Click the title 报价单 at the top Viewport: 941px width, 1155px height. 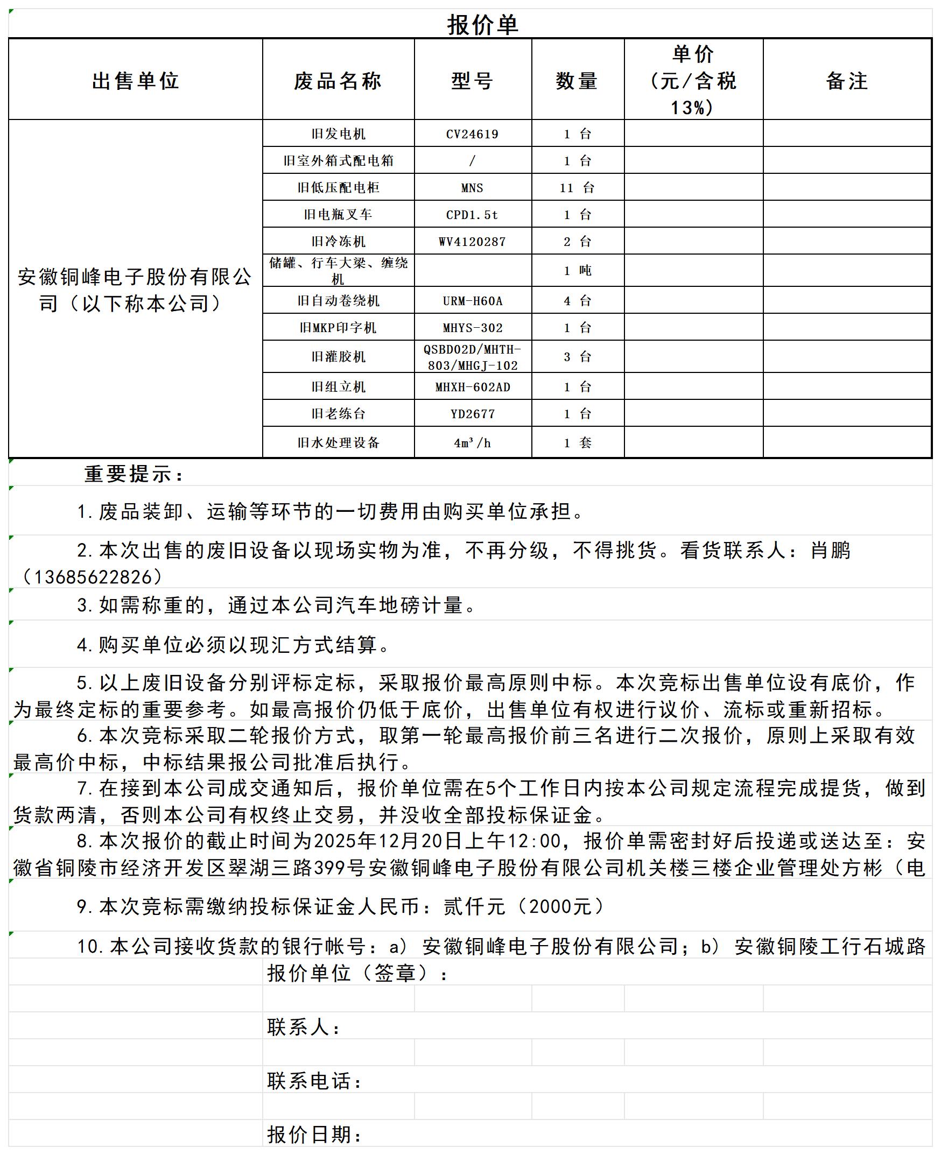(x=482, y=25)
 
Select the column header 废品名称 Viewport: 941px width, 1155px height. (x=338, y=81)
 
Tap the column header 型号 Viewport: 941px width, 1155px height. (x=472, y=81)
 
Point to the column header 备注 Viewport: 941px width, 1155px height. (x=847, y=81)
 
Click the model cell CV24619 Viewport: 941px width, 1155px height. (x=472, y=134)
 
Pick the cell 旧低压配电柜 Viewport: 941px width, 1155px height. (x=338, y=187)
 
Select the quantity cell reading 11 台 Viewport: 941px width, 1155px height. (x=577, y=187)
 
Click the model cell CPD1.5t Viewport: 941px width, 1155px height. (x=472, y=215)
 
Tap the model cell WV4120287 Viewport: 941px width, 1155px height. (x=472, y=242)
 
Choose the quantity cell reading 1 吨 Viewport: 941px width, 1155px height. (x=577, y=271)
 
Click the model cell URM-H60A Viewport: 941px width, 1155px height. (x=472, y=301)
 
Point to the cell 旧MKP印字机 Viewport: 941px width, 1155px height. (x=338, y=327)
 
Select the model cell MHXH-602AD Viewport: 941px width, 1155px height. (x=472, y=387)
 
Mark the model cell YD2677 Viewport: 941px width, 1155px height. (x=472, y=414)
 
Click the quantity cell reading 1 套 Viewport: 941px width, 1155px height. (x=577, y=443)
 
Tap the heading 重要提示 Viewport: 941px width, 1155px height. (x=134, y=474)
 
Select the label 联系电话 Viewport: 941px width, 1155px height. (x=314, y=1081)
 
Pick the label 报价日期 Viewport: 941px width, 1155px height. (x=314, y=1135)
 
